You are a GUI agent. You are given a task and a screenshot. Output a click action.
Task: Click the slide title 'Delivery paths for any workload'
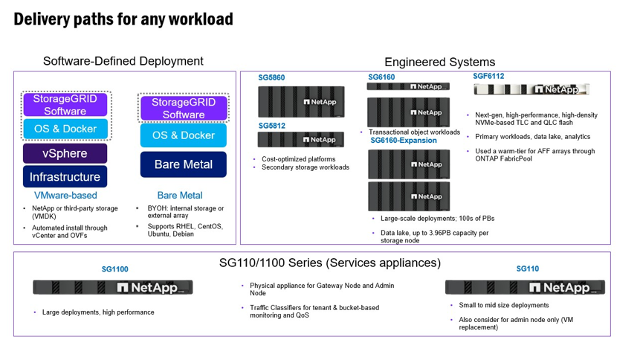click(123, 19)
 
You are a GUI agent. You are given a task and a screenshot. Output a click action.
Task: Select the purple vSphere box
click(65, 153)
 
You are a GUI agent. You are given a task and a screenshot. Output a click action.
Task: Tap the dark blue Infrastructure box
click(65, 177)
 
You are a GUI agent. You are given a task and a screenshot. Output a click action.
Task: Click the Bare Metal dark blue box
click(183, 164)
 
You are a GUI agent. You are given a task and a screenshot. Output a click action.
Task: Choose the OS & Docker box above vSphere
click(65, 129)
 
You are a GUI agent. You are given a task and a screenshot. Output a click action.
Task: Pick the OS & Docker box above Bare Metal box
click(183, 135)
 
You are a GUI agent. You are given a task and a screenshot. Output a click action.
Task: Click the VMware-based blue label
click(65, 196)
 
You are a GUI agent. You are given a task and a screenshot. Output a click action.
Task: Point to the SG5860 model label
click(271, 77)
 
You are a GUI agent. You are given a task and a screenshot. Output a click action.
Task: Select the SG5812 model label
click(271, 126)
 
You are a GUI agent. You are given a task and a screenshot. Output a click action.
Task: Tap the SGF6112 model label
click(488, 76)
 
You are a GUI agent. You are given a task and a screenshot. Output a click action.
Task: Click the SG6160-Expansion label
click(404, 140)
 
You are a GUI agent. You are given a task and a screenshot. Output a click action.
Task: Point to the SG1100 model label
click(114, 269)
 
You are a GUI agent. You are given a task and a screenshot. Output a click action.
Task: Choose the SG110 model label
click(527, 269)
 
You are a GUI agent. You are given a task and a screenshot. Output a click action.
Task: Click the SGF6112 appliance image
click(531, 89)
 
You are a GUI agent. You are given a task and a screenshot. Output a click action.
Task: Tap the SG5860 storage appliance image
click(301, 102)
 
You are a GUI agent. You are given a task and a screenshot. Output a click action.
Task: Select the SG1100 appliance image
click(113, 287)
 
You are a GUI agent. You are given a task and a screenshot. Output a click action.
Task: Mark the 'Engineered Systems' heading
click(439, 62)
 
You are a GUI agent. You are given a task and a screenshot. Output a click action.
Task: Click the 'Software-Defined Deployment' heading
click(123, 61)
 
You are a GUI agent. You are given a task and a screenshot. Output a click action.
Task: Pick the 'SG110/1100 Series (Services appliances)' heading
click(329, 263)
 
